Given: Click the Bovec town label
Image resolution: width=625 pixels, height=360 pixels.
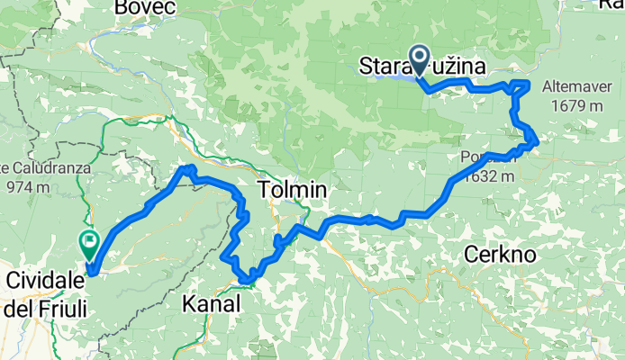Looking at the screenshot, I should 148,7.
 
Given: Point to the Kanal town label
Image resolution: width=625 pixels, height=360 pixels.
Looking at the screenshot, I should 212,304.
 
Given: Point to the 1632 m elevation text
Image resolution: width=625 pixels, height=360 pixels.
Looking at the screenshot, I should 494,175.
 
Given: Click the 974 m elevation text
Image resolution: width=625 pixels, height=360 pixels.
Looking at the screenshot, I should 26,187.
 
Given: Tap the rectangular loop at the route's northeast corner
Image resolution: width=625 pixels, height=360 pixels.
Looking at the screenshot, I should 520,86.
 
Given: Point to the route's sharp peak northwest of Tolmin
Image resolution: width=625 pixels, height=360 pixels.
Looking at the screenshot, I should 186,168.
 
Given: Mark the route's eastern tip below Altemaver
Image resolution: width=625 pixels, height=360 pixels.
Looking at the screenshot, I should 537,140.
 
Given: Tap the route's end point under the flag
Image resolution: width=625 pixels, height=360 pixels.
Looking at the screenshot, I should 90,265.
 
